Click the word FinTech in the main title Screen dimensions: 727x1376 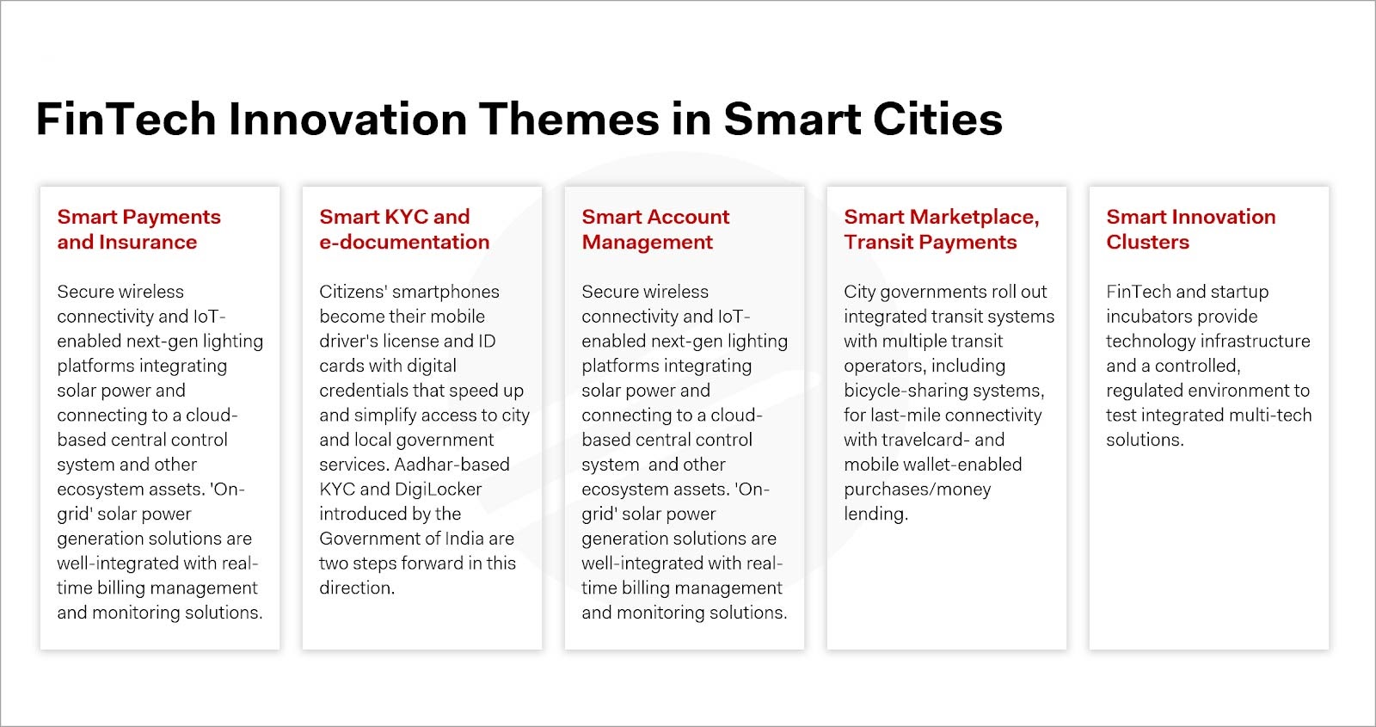126,119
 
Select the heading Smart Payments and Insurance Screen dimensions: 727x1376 138,229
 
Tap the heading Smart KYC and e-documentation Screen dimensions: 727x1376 403,229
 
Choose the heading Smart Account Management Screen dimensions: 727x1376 655,229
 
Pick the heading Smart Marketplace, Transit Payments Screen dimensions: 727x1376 941,229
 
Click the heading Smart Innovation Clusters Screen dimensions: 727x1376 1190,229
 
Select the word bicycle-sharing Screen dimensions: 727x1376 908,391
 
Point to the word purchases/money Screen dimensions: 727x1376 917,490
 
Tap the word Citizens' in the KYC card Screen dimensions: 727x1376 353,292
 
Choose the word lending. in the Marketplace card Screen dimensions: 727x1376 875,514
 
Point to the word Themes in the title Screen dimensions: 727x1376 568,119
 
